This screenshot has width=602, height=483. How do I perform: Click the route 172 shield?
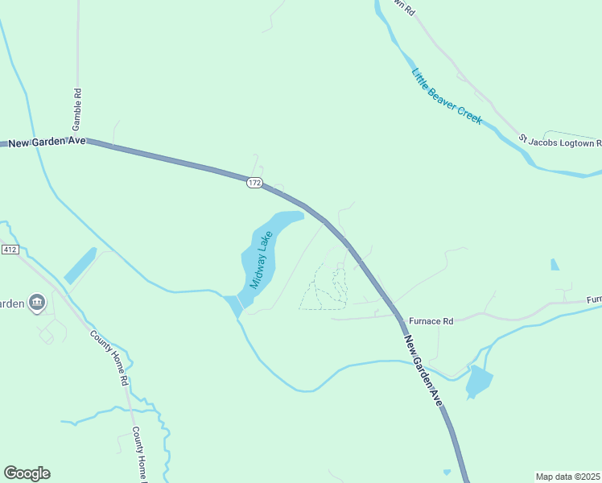tap(254, 183)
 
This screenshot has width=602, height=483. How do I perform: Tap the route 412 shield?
tap(10, 250)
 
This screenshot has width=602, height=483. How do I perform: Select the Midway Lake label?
tap(261, 259)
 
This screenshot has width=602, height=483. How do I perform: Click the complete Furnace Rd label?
tap(431, 320)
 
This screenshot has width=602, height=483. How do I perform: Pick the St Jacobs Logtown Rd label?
tap(559, 142)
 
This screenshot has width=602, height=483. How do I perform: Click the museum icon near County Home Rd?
tap(36, 303)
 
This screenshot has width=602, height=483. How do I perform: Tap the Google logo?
tap(27, 473)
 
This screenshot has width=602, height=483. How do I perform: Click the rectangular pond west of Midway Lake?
tap(80, 265)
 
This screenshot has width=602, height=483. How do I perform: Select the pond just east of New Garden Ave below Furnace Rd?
tap(479, 381)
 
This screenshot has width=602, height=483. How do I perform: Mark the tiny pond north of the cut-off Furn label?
tap(555, 264)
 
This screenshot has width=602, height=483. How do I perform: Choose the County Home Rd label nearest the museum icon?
tap(109, 357)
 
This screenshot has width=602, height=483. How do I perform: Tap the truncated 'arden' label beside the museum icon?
tap(11, 303)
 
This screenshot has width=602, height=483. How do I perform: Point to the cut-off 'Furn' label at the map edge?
tap(594, 299)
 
